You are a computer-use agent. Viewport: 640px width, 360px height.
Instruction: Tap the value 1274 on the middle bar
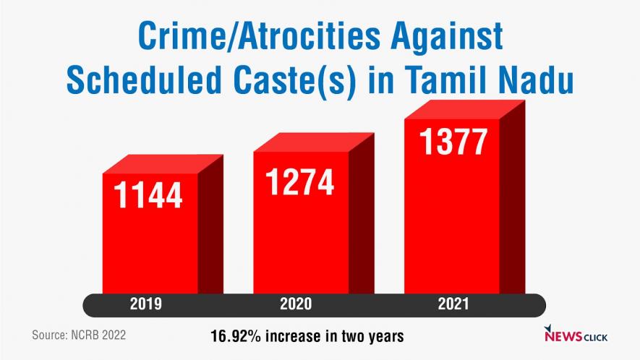click(300, 181)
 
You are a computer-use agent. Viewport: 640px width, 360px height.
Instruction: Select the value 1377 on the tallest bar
click(453, 141)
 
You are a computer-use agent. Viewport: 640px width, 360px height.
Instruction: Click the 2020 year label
click(295, 305)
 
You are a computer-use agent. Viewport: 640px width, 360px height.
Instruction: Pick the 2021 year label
click(453, 305)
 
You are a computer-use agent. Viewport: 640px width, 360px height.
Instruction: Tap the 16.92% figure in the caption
click(234, 337)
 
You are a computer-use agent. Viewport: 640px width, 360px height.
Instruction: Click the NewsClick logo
click(576, 335)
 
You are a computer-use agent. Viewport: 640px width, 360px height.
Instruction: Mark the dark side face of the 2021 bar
click(511, 202)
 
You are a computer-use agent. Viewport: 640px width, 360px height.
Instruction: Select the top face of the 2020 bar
click(312, 142)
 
